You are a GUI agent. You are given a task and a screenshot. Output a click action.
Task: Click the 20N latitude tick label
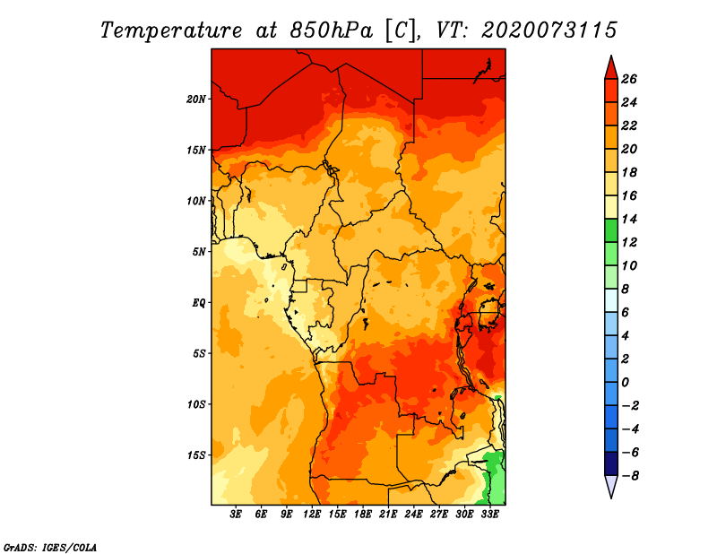[196, 100]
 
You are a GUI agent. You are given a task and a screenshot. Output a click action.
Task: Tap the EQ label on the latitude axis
[199, 303]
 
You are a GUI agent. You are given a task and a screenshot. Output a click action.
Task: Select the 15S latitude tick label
[196, 455]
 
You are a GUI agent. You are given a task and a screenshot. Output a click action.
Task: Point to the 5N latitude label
[199, 252]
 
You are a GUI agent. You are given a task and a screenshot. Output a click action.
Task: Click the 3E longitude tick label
[236, 515]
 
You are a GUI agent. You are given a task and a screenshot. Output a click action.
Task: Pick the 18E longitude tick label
[363, 515]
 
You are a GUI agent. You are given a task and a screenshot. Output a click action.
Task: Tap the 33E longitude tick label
[489, 515]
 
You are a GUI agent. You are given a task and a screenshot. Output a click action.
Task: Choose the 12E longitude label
[312, 515]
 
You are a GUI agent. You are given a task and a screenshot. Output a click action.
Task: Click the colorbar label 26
[629, 79]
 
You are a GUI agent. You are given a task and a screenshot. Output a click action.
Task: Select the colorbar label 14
[629, 219]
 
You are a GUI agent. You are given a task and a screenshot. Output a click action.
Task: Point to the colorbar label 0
[625, 383]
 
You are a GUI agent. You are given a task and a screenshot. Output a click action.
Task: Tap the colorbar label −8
[630, 476]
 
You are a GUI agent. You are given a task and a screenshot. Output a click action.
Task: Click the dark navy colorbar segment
[611, 463]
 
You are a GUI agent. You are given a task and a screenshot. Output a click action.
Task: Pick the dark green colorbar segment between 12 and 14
[611, 231]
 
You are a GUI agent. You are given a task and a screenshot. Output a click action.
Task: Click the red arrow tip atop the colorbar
[611, 56]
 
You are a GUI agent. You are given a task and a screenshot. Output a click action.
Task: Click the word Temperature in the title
[171, 31]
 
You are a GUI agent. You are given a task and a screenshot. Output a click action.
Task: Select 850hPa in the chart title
[332, 30]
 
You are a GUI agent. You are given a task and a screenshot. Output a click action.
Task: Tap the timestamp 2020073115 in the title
[549, 30]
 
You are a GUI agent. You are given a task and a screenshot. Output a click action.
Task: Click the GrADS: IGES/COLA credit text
[50, 548]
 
